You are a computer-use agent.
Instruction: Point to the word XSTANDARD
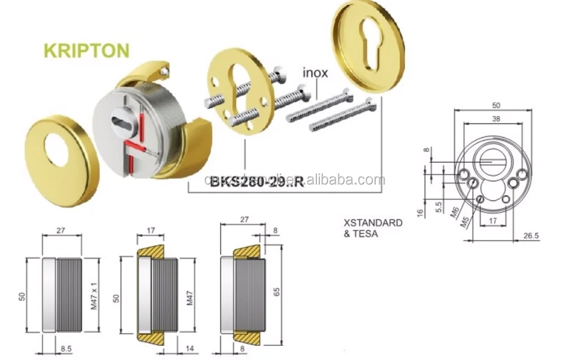point(373,223)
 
